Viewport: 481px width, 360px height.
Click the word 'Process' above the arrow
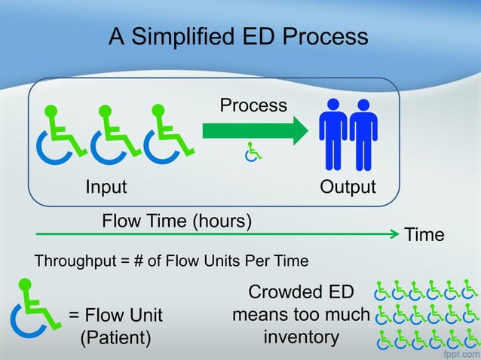253,105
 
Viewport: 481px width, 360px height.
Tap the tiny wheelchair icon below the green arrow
253,153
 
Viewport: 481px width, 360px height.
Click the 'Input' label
106,187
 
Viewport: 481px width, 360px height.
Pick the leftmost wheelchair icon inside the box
60,136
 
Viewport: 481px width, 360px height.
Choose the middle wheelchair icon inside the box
114,136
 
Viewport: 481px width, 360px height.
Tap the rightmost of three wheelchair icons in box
167,136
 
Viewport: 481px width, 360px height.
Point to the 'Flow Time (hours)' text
176,221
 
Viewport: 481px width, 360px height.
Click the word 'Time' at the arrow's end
424,235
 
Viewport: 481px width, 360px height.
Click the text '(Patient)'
115,337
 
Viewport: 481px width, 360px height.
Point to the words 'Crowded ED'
300,291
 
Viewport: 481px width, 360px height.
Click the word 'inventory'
301,336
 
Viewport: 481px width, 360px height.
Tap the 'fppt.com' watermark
460,351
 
